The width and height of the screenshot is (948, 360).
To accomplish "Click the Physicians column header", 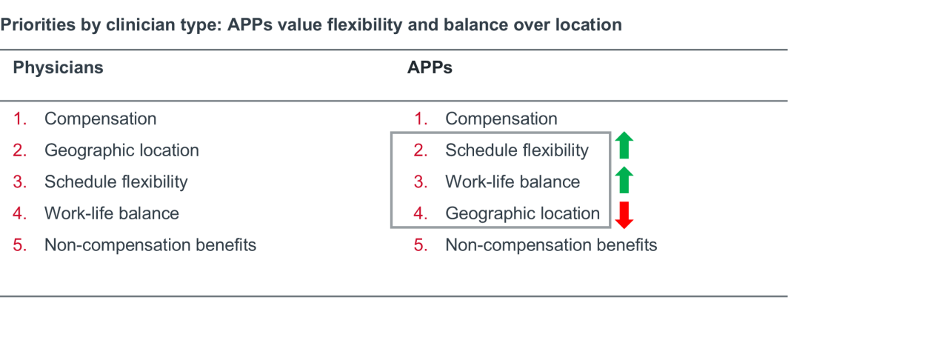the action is click(x=58, y=67).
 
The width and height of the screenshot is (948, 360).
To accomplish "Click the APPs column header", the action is click(x=430, y=67).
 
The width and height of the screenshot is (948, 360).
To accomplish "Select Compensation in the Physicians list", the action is click(x=100, y=119).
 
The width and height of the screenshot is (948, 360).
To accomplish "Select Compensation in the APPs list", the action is click(x=501, y=119).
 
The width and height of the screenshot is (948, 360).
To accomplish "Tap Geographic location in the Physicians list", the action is click(x=121, y=150).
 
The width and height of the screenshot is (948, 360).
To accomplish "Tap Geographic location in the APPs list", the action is click(x=522, y=213).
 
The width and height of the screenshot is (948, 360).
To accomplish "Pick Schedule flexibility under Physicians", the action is click(x=116, y=182).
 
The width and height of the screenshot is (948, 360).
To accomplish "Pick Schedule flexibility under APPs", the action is click(x=517, y=150).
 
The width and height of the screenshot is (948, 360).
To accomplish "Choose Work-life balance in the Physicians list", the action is click(x=112, y=213).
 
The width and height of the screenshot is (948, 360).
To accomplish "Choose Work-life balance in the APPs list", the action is click(x=513, y=182).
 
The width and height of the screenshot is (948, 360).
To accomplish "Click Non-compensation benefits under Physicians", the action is click(x=150, y=245).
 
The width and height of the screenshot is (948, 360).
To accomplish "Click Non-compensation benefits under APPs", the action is click(x=551, y=245).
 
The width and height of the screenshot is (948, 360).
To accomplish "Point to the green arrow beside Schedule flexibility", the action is click(x=624, y=145).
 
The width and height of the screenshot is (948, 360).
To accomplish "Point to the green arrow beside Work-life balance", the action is click(x=624, y=180).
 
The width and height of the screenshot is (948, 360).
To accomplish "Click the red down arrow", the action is click(x=624, y=215).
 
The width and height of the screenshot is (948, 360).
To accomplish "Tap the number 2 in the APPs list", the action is click(x=420, y=150).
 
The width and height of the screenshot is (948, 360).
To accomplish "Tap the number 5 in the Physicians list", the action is click(x=19, y=245).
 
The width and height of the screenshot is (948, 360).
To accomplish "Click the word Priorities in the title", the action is click(x=38, y=25).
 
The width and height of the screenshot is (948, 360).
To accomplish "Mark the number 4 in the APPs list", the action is click(x=420, y=213).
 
